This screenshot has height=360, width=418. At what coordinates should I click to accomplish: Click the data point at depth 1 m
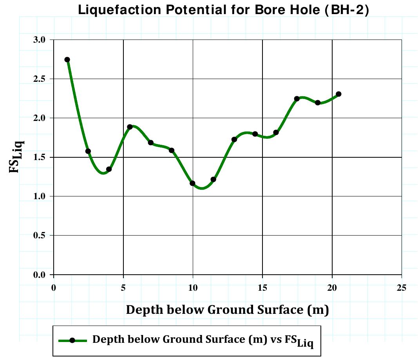point(67,59)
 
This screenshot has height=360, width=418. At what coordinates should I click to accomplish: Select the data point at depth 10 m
point(192,183)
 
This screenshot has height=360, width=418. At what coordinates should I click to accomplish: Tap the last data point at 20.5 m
point(338,94)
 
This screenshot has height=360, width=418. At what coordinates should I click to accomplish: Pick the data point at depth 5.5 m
point(130,127)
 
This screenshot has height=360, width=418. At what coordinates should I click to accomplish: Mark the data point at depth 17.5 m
point(297,99)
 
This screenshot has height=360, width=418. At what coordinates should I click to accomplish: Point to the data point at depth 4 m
point(109,169)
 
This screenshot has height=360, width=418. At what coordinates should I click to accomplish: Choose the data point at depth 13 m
point(234,139)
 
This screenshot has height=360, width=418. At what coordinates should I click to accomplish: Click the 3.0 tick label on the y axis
point(40,40)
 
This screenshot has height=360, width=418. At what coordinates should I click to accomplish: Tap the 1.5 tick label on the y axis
point(40,157)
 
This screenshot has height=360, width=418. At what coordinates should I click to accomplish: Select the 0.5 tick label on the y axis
point(40,236)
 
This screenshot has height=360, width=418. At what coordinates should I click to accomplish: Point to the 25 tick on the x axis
point(402,288)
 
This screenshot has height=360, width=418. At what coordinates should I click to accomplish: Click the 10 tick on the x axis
point(193,288)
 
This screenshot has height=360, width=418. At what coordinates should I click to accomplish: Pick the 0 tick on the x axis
point(54,288)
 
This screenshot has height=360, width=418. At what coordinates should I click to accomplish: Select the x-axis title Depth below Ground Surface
point(227,310)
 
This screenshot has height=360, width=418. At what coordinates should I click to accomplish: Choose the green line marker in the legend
point(72,340)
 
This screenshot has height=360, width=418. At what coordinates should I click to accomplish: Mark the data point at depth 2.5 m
point(88,151)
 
